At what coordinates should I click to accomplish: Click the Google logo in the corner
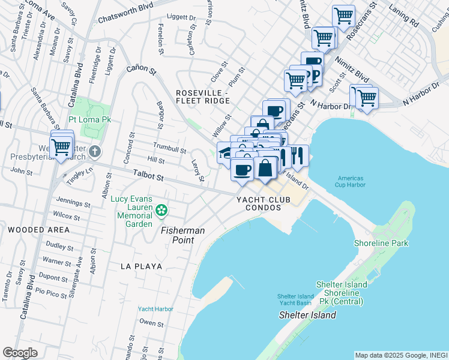point(20,353)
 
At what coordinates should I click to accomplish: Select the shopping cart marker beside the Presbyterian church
point(61,146)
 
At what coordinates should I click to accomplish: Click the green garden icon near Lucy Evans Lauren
point(161,211)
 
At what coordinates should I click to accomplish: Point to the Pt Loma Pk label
point(90,120)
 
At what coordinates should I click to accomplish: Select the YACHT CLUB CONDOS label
point(259,203)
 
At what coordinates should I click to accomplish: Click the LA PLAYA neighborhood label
point(141,266)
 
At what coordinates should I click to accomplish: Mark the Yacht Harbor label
point(155,309)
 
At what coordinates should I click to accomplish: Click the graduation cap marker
point(224,152)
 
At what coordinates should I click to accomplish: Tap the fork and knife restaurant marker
point(298,156)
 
